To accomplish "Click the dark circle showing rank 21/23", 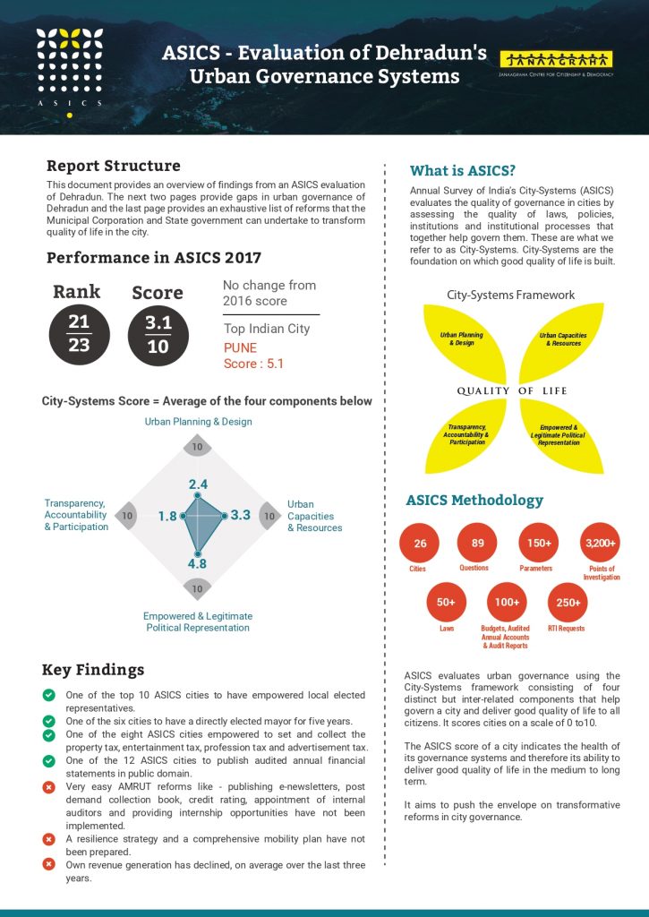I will coord(79,333).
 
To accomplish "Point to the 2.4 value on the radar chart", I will coord(198,484).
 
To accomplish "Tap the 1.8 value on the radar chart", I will coord(167,516).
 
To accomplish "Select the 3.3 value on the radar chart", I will coord(240,516).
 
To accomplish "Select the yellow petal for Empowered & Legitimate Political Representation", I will coord(559,433).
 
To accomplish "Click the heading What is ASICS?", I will coord(462,171).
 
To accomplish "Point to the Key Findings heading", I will coord(93,670).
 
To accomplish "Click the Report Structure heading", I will coord(113,166).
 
